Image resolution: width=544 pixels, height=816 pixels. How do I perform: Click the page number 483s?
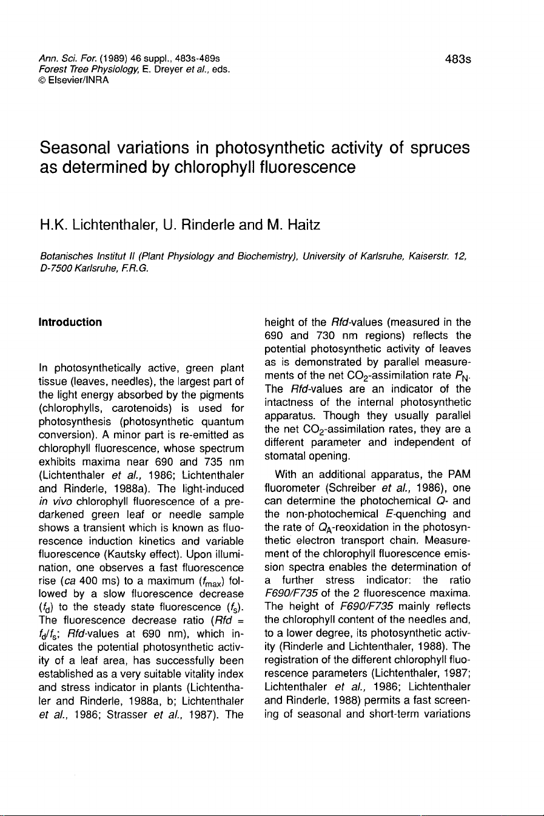coord(457,59)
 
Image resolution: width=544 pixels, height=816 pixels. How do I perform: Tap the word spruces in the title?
coord(439,148)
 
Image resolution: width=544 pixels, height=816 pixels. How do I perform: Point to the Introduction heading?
coord(70,322)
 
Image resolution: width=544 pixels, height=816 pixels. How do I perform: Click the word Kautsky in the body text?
coord(124,555)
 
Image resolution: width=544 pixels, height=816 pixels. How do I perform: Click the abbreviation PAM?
coord(459,474)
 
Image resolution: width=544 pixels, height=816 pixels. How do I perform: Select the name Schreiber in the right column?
coord(354,487)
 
